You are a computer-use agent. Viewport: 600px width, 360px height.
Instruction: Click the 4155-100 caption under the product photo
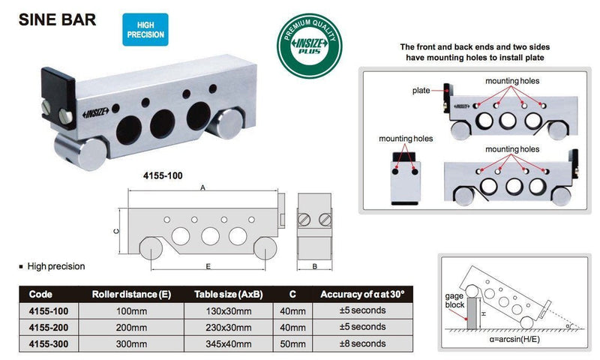point(163,178)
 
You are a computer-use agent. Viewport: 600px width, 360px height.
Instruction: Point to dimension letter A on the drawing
point(202,190)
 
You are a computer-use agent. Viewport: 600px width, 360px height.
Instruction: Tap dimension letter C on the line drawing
point(118,231)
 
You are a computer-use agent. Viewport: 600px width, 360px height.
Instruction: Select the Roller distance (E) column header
point(131,294)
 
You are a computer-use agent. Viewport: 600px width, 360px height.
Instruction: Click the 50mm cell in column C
point(292,343)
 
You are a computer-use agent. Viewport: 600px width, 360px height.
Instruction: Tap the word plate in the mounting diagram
point(421,90)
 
